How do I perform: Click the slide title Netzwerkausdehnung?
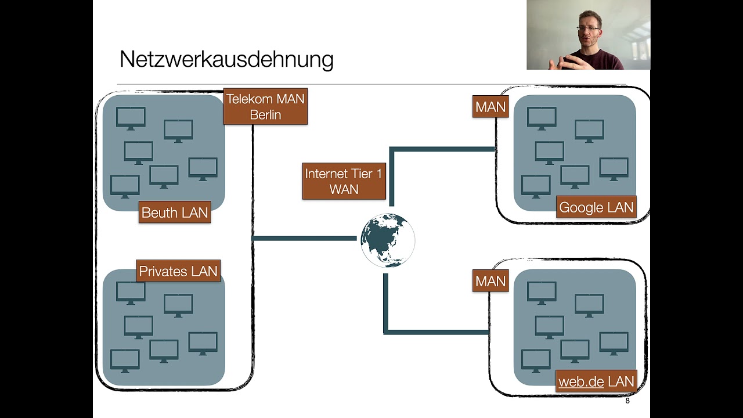tap(226, 60)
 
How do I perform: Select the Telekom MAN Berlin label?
tap(265, 106)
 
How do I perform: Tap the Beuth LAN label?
tap(175, 212)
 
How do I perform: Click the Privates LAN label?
tap(178, 271)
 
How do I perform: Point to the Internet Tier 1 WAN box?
tap(344, 181)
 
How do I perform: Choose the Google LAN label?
tap(596, 208)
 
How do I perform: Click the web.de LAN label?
tap(596, 381)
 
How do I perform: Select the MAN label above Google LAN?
tap(490, 107)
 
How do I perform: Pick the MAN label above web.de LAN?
tap(490, 281)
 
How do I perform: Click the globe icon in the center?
tap(388, 240)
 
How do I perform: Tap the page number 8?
tap(627, 401)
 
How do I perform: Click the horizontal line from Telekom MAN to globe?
tap(305, 238)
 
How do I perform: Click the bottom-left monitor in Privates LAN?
tap(125, 361)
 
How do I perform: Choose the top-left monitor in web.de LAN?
tap(542, 293)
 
